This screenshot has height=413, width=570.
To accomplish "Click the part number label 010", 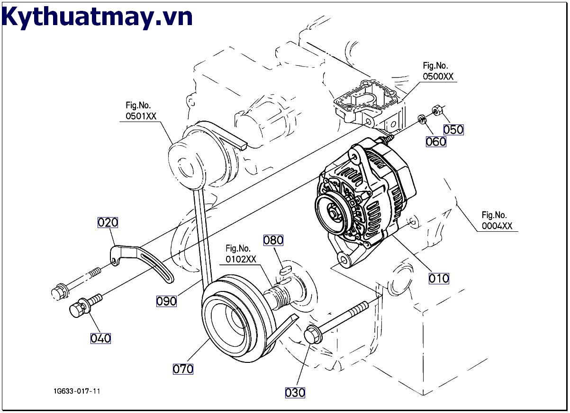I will (x=438, y=278).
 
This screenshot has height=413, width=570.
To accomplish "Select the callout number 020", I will (x=108, y=222).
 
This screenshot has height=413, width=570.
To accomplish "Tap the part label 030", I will (x=295, y=392).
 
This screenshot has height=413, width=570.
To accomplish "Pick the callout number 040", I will (x=100, y=338).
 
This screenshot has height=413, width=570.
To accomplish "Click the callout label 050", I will (x=453, y=129).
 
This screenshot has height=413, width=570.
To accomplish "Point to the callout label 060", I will (x=435, y=141).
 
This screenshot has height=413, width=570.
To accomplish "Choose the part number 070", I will (x=183, y=369).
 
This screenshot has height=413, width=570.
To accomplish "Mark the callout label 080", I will (x=273, y=240).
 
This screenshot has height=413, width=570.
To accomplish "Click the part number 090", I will (x=166, y=301).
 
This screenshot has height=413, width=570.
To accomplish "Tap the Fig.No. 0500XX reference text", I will (x=438, y=71).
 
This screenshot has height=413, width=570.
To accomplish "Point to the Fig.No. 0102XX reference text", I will (x=240, y=254).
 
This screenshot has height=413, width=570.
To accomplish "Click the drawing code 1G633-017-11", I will (x=77, y=391).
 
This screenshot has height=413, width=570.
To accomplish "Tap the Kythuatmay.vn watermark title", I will (x=97, y=17).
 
